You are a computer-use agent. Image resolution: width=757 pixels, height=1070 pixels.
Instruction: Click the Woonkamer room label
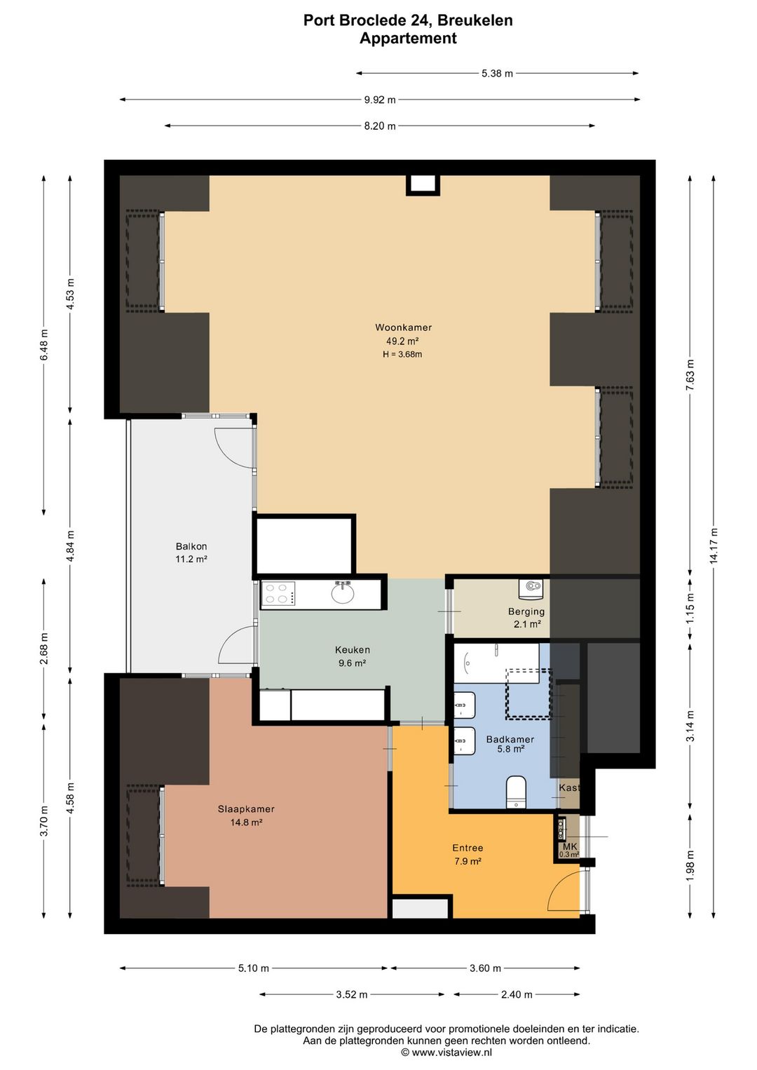(x=403, y=327)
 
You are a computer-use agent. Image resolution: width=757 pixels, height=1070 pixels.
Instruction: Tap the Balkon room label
(x=191, y=546)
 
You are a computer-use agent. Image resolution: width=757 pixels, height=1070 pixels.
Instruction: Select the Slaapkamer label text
(x=246, y=809)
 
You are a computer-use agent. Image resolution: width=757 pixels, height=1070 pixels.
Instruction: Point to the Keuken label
(x=352, y=649)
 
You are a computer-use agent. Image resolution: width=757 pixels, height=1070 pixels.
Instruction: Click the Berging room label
(x=526, y=611)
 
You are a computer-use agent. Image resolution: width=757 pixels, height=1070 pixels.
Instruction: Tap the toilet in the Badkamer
(x=516, y=792)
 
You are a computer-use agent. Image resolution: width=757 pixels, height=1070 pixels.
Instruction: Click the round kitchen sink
(x=343, y=594)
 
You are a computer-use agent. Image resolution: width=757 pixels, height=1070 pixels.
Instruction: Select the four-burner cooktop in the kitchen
(x=278, y=594)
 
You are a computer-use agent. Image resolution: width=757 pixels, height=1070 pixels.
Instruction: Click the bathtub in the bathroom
(x=496, y=663)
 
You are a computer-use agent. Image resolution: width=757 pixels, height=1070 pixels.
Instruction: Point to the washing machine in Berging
(x=531, y=588)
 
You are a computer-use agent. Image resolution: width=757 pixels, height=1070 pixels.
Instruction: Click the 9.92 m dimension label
(x=380, y=100)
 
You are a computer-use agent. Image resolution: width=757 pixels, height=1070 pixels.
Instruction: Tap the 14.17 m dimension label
(x=714, y=546)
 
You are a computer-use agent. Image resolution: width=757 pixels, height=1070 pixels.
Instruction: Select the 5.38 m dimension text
(x=497, y=74)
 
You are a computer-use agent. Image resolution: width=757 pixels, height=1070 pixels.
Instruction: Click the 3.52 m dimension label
(x=352, y=994)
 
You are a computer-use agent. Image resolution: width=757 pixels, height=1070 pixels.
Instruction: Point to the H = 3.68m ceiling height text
(x=402, y=354)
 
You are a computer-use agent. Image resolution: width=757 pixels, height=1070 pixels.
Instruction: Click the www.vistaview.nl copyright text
(x=446, y=1052)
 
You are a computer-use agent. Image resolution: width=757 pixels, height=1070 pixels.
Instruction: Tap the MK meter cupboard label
(x=570, y=846)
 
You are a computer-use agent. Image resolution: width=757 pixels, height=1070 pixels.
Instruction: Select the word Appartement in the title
(x=408, y=38)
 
